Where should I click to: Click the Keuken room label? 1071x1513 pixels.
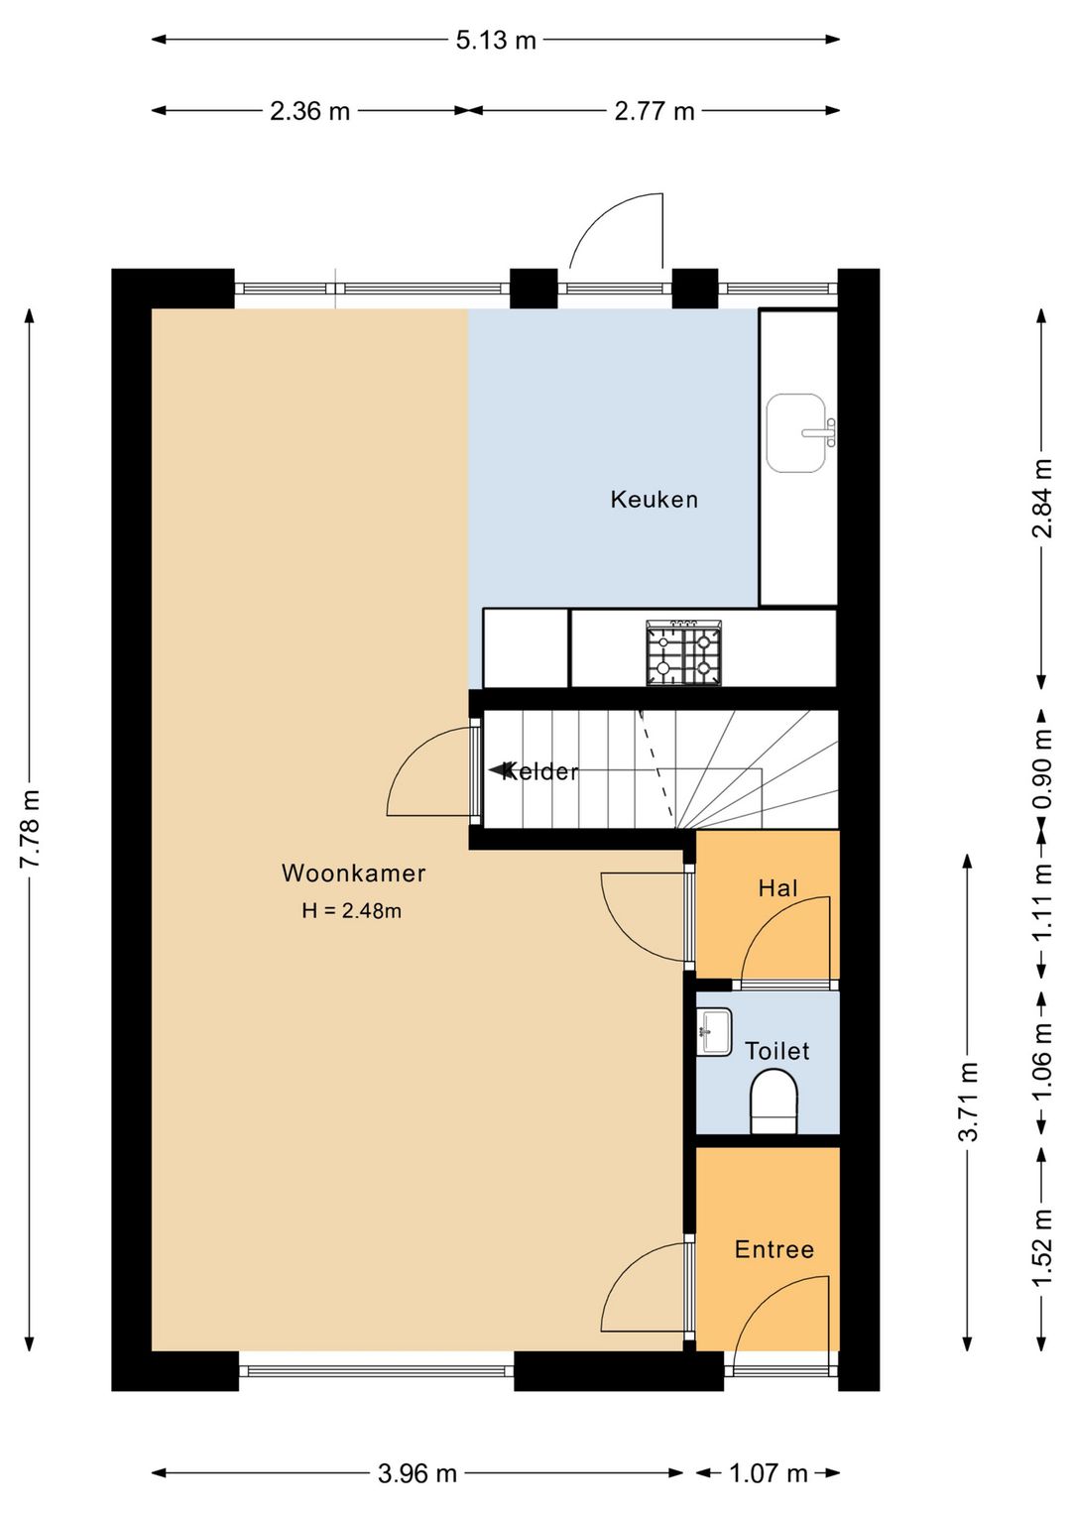pos(654,500)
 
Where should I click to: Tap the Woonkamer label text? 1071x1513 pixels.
pos(353,873)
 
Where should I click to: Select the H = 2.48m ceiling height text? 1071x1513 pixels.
pos(351,911)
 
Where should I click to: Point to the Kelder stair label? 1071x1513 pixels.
pos(539,771)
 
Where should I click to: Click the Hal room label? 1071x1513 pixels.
pos(777,888)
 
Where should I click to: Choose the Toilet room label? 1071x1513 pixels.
pos(777,1051)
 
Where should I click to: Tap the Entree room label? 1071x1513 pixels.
pos(774,1249)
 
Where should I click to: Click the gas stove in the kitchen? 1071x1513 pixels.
pos(684,652)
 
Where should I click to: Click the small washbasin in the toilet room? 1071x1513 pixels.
pos(715,1032)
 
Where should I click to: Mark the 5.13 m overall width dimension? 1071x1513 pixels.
pos(495,41)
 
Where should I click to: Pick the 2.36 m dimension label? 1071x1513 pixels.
pos(310,111)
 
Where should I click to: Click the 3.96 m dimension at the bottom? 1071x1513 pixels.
pos(416,1473)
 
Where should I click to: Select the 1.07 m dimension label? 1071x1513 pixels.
pos(769,1473)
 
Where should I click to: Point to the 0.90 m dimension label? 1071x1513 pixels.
pos(1042,769)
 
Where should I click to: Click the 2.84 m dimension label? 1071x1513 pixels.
pos(1042,498)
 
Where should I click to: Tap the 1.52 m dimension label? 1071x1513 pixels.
pos(1042,1248)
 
